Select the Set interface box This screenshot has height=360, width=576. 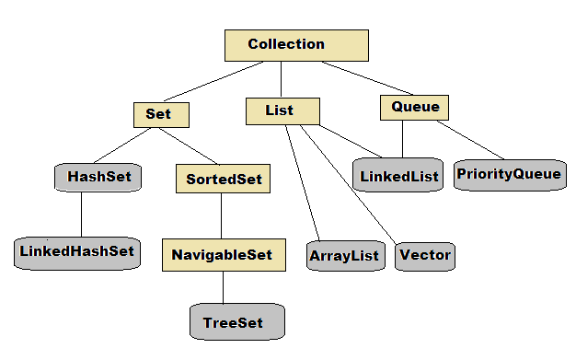(x=161, y=114)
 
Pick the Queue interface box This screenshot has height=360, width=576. (x=415, y=108)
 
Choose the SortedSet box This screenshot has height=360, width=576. (x=222, y=178)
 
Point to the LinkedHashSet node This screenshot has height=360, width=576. (x=77, y=251)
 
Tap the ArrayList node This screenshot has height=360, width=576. (x=345, y=254)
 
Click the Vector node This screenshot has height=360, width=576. (x=425, y=254)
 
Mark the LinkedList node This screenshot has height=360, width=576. (x=398, y=174)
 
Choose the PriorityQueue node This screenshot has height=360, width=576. (x=508, y=173)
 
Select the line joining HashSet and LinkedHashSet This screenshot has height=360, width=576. (x=81, y=214)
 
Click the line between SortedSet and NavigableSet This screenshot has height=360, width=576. (x=221, y=216)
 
